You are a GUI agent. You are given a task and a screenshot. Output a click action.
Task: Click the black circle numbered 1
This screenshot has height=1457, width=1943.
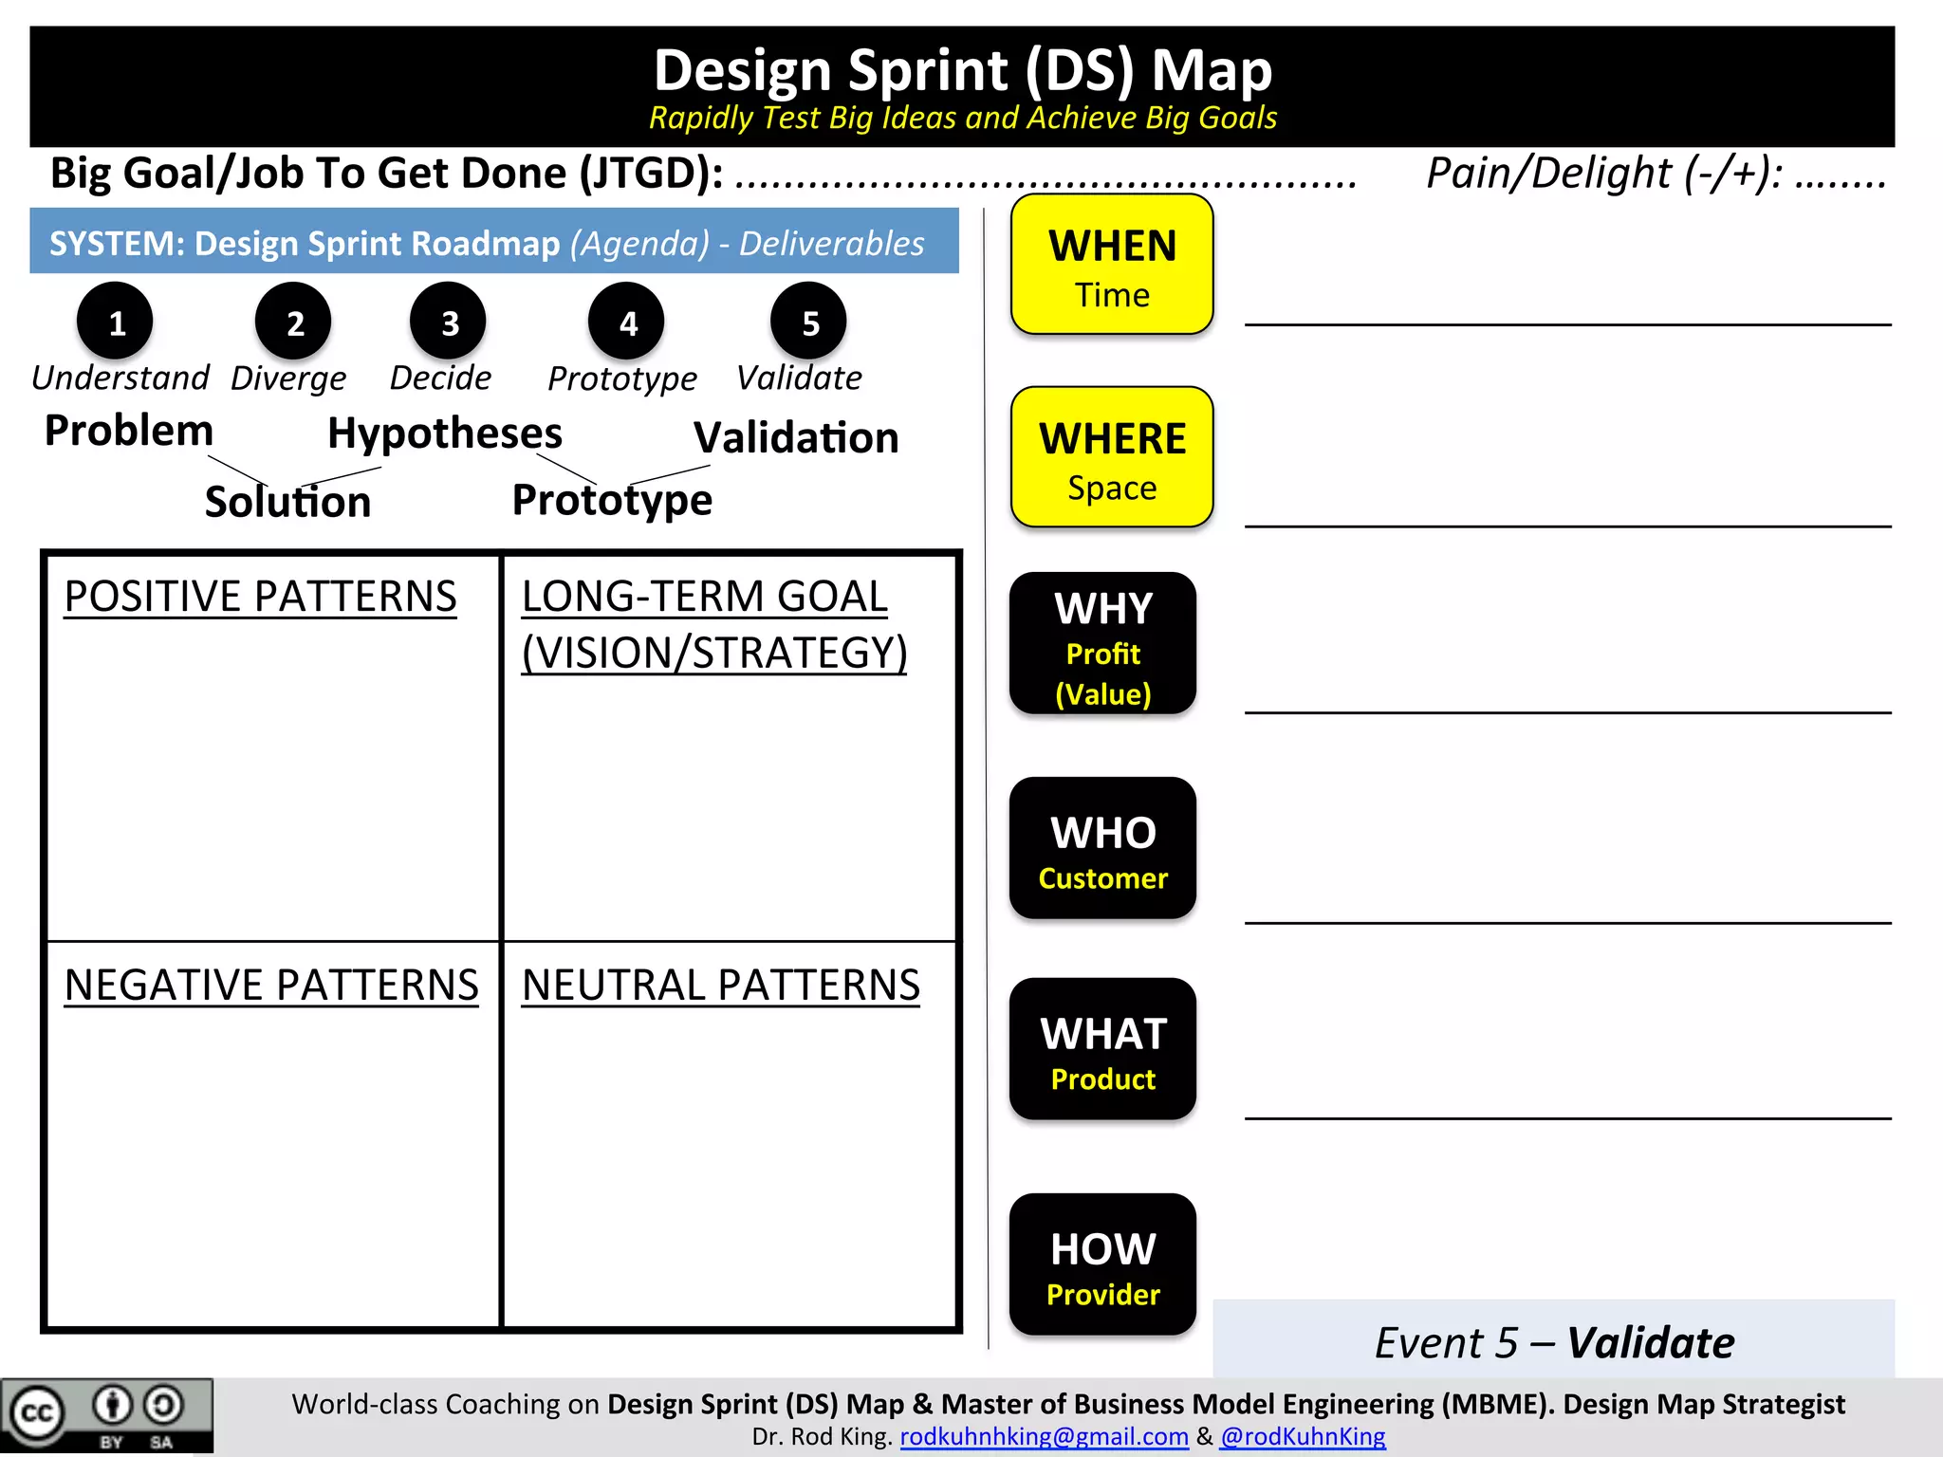coord(115,322)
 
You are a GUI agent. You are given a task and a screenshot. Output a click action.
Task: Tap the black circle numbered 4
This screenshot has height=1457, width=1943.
coord(626,322)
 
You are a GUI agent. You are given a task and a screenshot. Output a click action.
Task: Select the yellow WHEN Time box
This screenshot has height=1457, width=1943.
coord(1112,266)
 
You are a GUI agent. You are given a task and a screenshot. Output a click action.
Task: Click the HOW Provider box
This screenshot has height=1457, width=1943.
coord(1102,1265)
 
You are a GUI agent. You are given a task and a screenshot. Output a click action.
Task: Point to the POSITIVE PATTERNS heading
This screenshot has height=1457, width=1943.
coord(261,598)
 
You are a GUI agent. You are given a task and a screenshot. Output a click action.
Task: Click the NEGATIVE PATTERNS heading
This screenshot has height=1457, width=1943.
coord(271,986)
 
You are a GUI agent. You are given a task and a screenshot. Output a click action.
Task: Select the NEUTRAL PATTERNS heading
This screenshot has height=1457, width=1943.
coord(721,986)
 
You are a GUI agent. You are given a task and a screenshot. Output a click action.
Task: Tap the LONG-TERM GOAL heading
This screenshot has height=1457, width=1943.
coord(705,598)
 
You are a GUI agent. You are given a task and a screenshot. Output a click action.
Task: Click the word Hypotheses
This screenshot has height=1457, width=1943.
coord(445,433)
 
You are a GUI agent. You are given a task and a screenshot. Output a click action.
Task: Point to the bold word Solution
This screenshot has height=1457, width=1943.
coord(287,502)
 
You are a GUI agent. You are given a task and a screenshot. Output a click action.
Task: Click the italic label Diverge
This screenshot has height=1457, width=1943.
coord(288,378)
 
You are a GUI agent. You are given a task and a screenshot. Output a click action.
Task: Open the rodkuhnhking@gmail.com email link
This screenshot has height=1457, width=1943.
coord(1044,1437)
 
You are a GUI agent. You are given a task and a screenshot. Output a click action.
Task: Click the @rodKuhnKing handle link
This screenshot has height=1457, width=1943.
coord(1303,1437)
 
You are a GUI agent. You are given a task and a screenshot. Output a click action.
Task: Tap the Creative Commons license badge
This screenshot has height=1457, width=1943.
coord(106,1415)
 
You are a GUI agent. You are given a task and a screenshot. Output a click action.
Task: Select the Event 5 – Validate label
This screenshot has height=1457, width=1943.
coord(1554,1343)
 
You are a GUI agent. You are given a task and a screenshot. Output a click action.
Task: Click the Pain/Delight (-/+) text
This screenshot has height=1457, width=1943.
coord(1603,174)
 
